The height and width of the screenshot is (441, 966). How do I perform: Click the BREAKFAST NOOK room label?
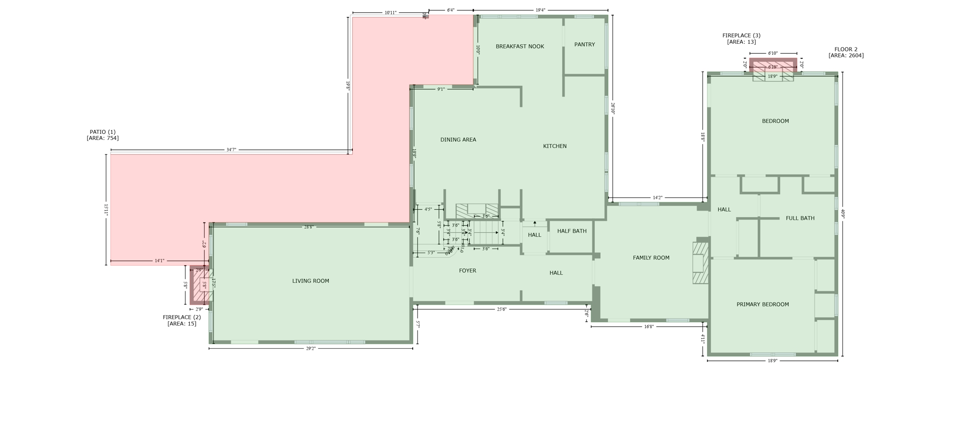pos(520,47)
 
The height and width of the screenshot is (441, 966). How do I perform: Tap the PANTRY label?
pos(584,45)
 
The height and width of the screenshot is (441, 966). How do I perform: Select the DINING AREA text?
pos(458,140)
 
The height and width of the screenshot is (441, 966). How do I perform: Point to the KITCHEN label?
pos(555,147)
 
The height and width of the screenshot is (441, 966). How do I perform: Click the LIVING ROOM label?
pos(310,281)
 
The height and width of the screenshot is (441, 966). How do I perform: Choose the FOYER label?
pos(467,271)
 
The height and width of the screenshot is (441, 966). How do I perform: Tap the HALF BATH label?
pos(572,231)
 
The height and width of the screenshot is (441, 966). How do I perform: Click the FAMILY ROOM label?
pos(651,258)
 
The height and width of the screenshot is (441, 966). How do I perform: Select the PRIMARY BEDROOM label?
pos(762,305)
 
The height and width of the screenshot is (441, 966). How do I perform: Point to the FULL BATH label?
pos(800,219)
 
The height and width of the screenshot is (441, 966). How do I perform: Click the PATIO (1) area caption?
pos(103,135)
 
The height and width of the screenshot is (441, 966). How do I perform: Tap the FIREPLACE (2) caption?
pos(182,320)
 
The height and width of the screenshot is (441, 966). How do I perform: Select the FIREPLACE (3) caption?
pos(741,39)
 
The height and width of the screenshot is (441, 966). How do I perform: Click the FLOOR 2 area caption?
pos(846,52)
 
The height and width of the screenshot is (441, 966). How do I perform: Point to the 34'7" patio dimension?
pos(231,150)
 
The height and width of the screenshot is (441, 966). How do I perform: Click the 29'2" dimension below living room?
pos(310,349)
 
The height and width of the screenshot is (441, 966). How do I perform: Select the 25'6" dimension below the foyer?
pos(501,310)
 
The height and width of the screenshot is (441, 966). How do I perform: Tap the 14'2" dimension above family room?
pos(657,198)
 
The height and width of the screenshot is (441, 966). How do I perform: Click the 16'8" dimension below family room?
pos(649,327)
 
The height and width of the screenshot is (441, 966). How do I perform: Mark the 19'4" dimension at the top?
pos(540,10)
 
